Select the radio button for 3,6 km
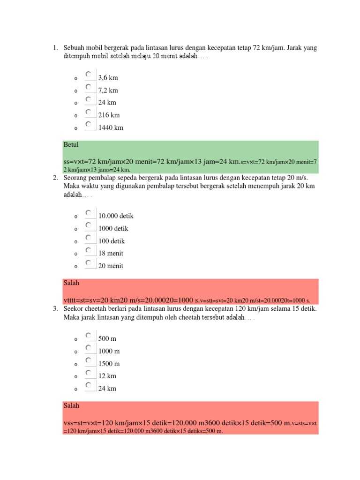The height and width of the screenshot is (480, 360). pos(88,75)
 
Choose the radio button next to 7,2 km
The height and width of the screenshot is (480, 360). pos(88,87)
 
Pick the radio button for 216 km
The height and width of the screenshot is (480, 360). pos(88,112)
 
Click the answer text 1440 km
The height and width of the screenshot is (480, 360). pos(111,127)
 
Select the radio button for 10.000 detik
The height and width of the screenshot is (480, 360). pos(88,213)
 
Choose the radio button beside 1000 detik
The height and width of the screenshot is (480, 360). pos(88,225)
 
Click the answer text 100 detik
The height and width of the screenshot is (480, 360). pos(112,241)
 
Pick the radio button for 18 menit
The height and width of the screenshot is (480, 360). pos(88,250)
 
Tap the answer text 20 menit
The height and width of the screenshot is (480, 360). pos(111,266)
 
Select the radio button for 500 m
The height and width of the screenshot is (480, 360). pos(88,335)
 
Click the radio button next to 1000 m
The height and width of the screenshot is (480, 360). pos(88,348)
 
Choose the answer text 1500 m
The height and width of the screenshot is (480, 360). pos(109,364)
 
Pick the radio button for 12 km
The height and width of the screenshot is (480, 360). pos(88,373)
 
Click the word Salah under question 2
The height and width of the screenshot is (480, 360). pos(71,283)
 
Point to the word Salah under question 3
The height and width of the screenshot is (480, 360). pos(71,405)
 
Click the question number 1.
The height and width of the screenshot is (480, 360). pos(55,48)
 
